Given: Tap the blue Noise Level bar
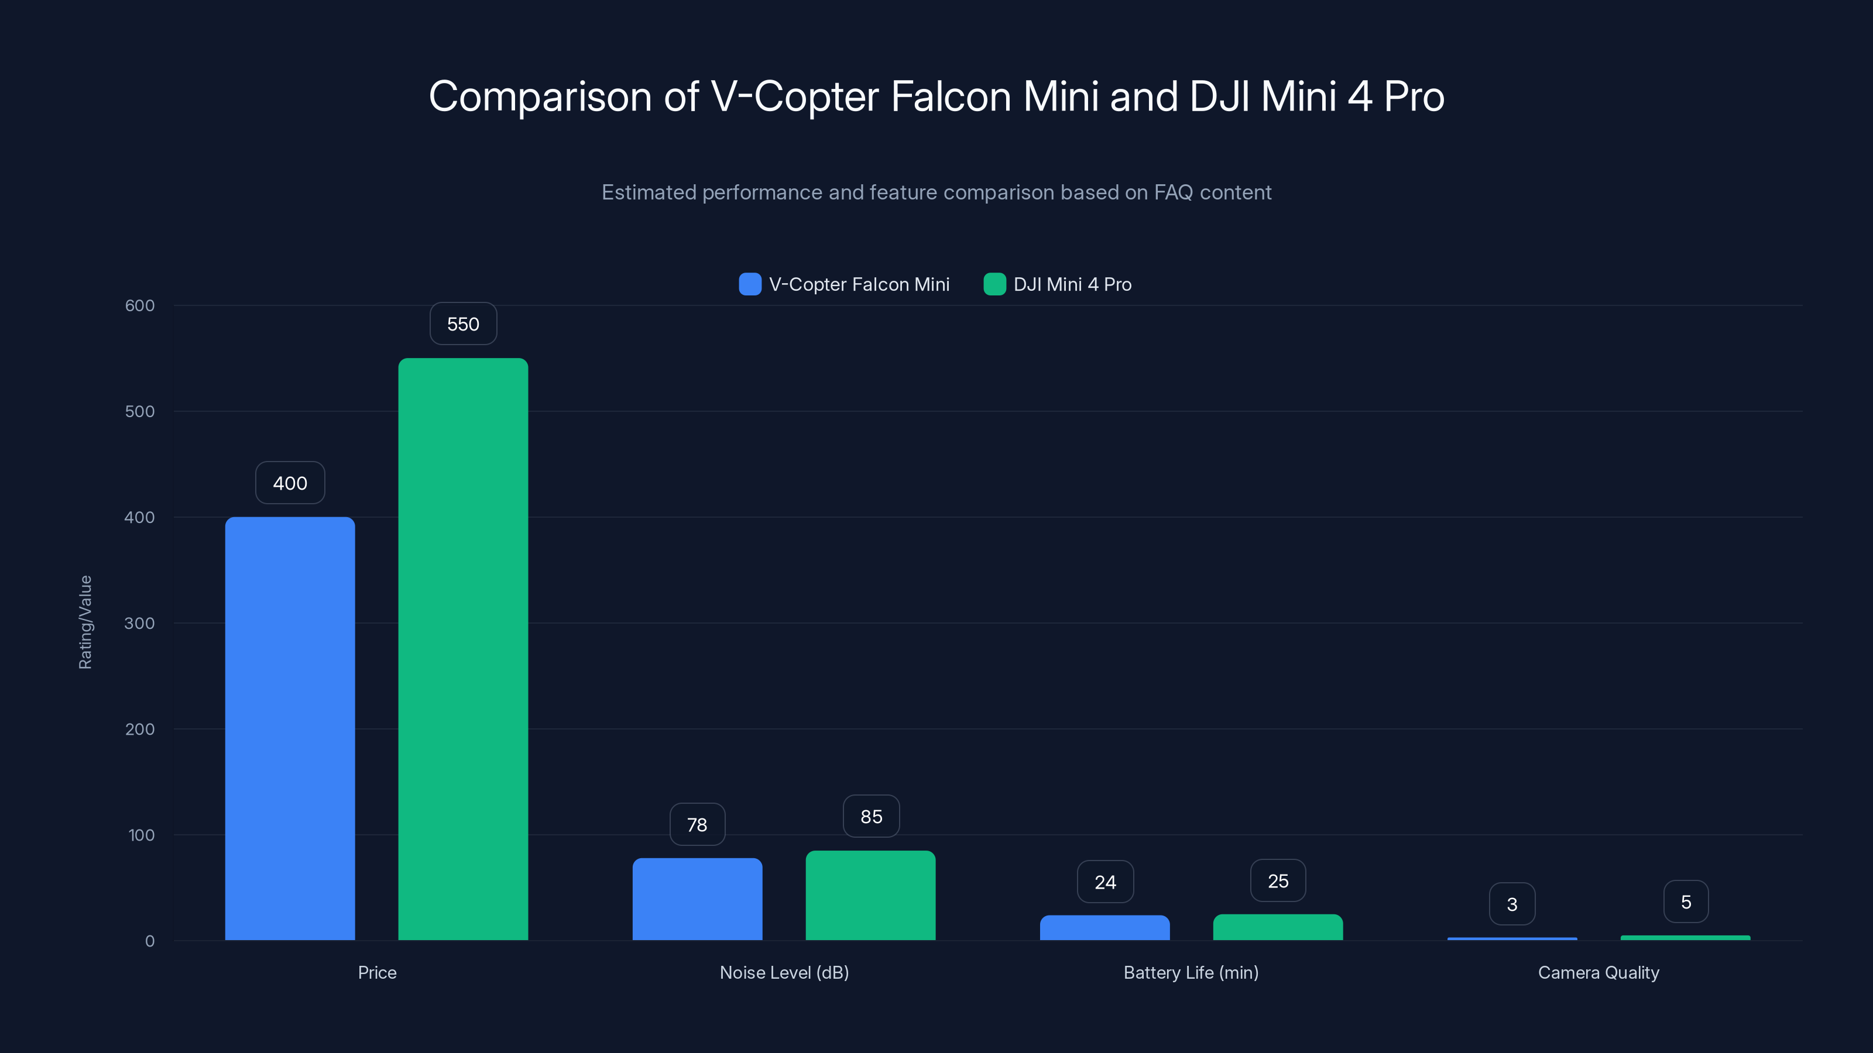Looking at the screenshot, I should click(697, 899).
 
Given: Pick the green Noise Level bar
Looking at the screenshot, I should click(870, 895).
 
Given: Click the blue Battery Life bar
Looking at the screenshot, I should click(1104, 928).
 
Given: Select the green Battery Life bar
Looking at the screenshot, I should click(1278, 927).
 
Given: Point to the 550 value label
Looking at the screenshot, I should click(463, 324).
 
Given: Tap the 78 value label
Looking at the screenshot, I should click(697, 825).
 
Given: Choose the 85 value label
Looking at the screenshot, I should click(871, 817).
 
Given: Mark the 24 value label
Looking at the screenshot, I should click(1105, 882).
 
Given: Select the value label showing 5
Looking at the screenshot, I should click(1686, 903).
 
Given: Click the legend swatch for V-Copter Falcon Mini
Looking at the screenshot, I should click(750, 284).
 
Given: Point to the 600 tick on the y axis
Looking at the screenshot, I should click(140, 306).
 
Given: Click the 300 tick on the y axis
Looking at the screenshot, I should click(140, 624).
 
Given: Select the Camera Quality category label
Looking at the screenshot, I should click(1598, 973).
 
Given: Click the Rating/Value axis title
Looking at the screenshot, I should click(85, 622).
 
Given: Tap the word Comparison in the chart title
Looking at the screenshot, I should click(540, 97).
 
